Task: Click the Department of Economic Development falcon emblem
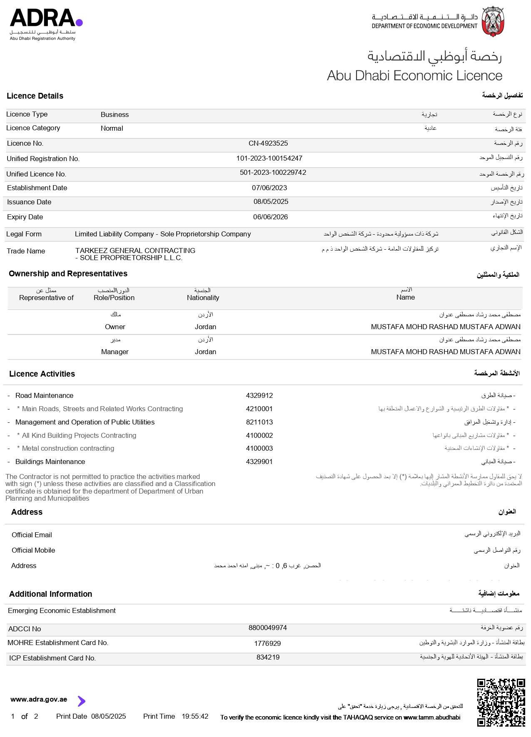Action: [x=493, y=21]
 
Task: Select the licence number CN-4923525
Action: [x=268, y=144]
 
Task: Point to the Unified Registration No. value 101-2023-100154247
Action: [x=269, y=159]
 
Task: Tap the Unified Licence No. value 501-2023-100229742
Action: [x=273, y=173]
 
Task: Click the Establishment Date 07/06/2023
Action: [x=269, y=188]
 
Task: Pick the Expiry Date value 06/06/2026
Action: [x=270, y=217]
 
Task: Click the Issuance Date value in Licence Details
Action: [x=271, y=202]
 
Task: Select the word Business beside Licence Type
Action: [x=115, y=115]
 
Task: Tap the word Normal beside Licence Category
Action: [x=112, y=129]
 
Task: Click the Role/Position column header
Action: [x=114, y=298]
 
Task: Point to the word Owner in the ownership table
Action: [x=115, y=327]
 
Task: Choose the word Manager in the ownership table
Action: [x=115, y=352]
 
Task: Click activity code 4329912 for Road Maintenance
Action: [x=259, y=396]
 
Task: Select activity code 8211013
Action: [x=259, y=422]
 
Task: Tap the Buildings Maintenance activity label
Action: [x=50, y=462]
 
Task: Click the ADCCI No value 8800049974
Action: [x=267, y=628]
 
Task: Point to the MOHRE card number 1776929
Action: [x=267, y=644]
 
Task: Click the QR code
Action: [x=501, y=702]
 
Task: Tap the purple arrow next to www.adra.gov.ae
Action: [x=82, y=701]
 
